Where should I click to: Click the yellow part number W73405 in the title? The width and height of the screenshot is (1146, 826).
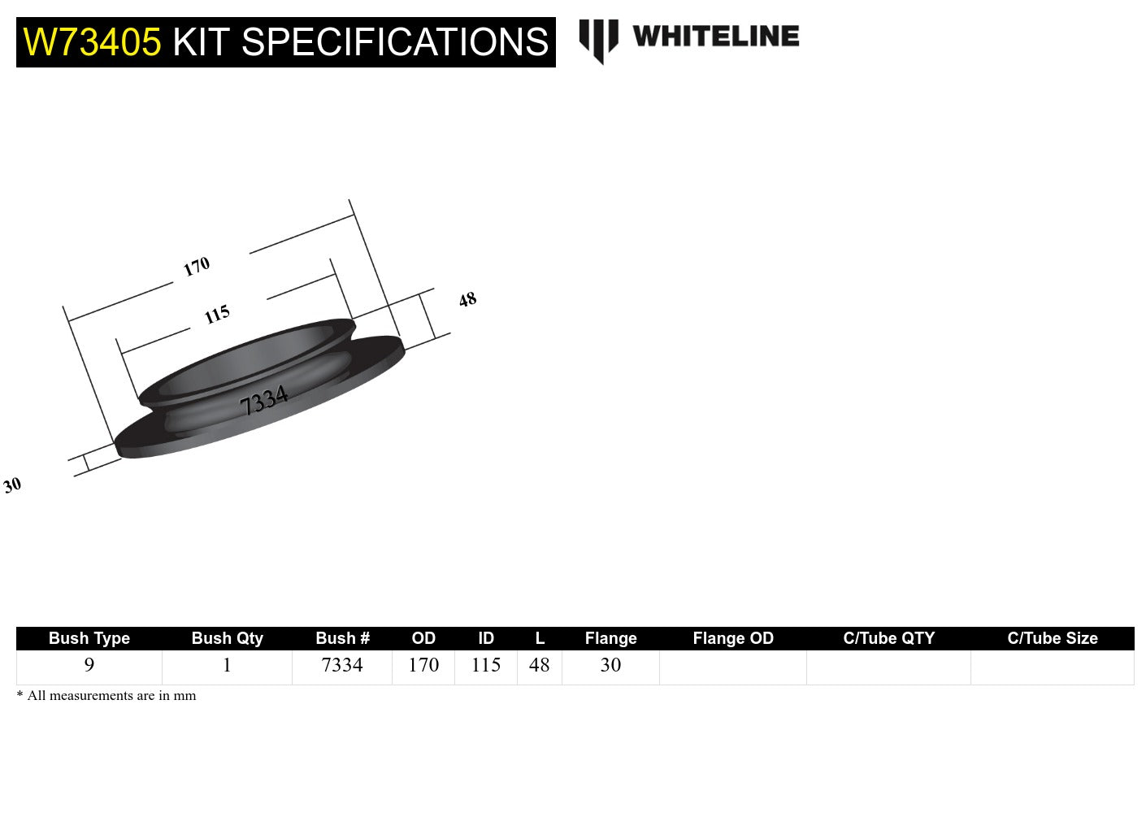[92, 42]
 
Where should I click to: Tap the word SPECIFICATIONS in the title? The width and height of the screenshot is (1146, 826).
[395, 42]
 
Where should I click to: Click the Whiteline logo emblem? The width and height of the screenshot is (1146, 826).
[598, 40]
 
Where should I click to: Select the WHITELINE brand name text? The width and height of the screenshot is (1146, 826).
[715, 37]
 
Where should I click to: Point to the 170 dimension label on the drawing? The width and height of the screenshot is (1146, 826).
[197, 267]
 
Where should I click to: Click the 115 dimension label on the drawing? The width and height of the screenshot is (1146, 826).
[217, 314]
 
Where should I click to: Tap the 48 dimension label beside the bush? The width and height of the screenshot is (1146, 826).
[467, 299]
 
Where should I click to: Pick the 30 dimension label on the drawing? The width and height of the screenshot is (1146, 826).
[12, 485]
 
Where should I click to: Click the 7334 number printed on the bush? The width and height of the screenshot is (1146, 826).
[264, 400]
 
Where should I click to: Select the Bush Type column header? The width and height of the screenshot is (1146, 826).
[89, 638]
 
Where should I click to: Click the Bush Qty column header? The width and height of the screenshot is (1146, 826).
[227, 638]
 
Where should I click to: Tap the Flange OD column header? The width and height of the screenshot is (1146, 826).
[732, 638]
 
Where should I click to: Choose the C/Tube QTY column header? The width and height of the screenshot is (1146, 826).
[888, 638]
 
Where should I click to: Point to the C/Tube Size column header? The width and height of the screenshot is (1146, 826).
[1052, 638]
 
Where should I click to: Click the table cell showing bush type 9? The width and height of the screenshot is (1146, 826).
[89, 665]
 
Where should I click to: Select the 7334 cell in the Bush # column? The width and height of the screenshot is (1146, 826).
[342, 665]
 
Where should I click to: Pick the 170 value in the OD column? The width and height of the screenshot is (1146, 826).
[423, 665]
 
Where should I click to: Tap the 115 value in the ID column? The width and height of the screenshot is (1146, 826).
[486, 665]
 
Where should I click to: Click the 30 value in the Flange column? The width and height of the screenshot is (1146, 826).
[610, 665]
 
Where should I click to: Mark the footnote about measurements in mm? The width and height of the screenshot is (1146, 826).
[106, 696]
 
